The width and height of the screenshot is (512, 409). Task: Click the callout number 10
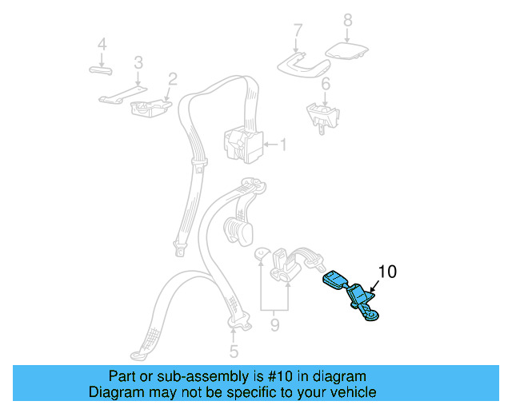point(386,272)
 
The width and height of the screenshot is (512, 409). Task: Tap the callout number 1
point(282,145)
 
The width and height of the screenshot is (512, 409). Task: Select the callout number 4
point(102,44)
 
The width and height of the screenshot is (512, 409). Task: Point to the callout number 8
point(347,19)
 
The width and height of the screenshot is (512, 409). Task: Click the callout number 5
point(234,351)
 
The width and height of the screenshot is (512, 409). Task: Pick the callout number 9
point(274,325)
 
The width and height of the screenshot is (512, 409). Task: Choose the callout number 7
point(298,31)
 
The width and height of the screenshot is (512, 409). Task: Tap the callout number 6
point(326,84)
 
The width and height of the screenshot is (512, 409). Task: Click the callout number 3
point(138,62)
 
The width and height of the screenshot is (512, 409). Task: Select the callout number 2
point(172,78)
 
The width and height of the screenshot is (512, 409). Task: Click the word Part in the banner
point(121,376)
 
